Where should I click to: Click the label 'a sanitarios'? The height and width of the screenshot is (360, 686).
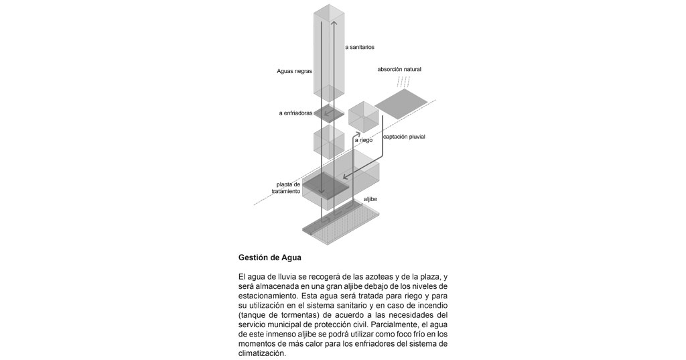(359, 47)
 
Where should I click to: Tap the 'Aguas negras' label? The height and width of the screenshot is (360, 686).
(295, 70)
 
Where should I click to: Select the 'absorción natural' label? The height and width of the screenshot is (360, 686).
(399, 69)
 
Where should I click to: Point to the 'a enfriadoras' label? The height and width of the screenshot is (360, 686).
(295, 113)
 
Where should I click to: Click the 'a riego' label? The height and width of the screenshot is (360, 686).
(363, 140)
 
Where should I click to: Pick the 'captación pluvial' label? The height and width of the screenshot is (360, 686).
(403, 137)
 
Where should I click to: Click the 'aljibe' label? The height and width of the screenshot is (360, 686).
(370, 199)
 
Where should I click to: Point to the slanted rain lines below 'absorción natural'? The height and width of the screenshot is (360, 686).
(402, 82)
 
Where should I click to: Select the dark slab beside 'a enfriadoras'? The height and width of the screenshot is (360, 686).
(329, 113)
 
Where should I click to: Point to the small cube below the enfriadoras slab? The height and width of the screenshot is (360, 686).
(329, 143)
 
